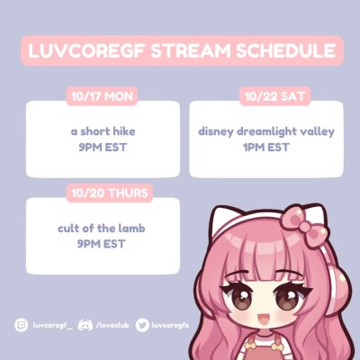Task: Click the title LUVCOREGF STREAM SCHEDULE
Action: tap(180, 51)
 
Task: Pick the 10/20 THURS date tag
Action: tap(110, 192)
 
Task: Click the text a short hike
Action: tap(103, 130)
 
